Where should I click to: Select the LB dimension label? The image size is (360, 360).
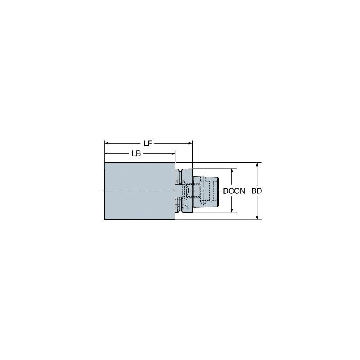[x=136, y=154]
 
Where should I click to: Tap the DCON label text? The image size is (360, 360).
[x=234, y=191]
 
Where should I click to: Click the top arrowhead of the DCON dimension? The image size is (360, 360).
[x=231, y=170]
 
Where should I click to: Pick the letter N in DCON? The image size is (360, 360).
[x=242, y=191]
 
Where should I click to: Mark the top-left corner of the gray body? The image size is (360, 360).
[x=104, y=163]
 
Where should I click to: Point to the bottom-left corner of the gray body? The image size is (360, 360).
[x=104, y=220]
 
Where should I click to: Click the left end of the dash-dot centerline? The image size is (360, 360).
[x=101, y=191]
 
